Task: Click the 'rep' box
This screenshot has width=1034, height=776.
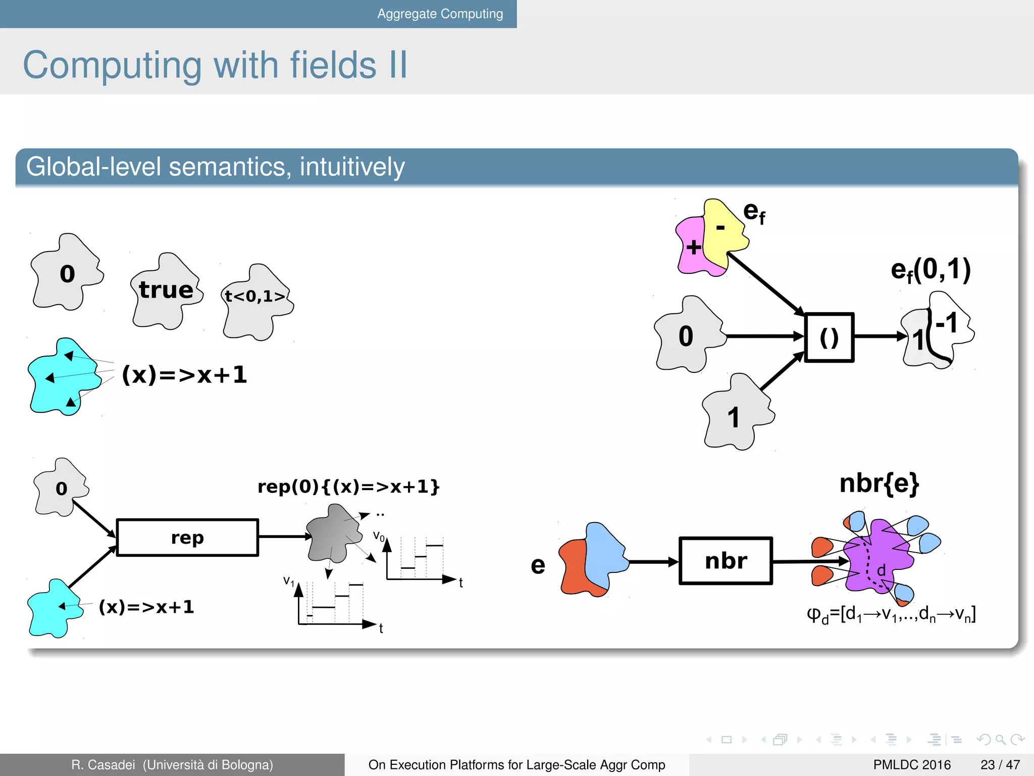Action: [187, 538]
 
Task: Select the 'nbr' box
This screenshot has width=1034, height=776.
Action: [726, 561]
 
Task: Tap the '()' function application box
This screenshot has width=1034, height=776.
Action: [829, 337]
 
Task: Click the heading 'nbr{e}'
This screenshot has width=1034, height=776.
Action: [879, 483]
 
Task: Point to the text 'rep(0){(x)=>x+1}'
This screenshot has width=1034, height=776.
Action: [348, 487]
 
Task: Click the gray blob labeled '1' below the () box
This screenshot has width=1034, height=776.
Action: [737, 415]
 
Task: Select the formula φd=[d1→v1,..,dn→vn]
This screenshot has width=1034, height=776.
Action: [891, 615]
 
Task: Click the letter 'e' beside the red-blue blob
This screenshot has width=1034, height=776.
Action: [538, 565]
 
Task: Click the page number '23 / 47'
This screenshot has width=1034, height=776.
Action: [1000, 765]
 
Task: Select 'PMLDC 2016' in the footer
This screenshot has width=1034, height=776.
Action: [911, 765]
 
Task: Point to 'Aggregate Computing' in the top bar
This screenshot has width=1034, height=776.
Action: [440, 14]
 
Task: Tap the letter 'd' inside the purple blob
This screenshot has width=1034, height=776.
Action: [881, 570]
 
